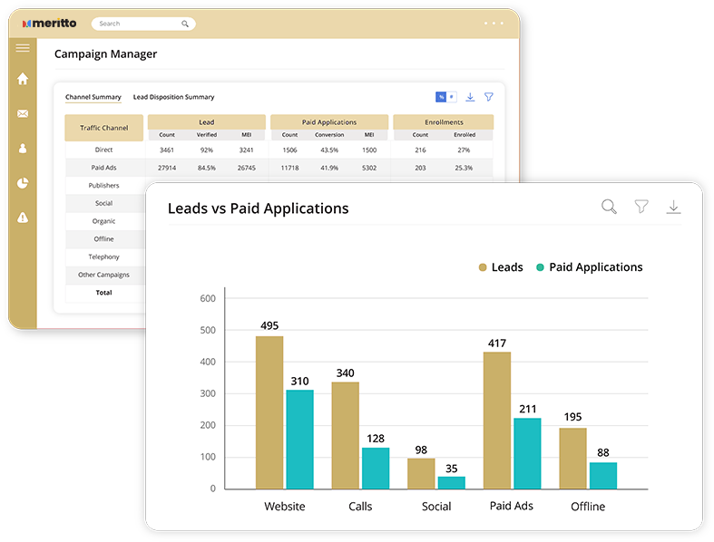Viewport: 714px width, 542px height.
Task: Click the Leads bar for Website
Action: (269, 412)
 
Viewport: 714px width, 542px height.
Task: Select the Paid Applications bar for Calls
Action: (376, 468)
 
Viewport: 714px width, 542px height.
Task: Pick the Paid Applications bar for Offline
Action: (603, 475)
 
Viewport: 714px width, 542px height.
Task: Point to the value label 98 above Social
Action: (421, 450)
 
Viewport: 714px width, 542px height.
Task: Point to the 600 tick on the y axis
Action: (207, 298)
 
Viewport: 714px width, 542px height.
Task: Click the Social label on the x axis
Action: (436, 506)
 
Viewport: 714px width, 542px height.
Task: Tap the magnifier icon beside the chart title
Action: (609, 208)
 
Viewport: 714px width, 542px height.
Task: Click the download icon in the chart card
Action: (673, 208)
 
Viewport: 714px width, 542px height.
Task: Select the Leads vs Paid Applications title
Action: (258, 208)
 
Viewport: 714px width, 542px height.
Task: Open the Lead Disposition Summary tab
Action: (173, 97)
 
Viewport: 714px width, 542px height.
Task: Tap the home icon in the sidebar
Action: (23, 79)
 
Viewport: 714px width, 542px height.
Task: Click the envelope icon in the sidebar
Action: (23, 113)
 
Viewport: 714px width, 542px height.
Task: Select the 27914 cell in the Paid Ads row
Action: (166, 168)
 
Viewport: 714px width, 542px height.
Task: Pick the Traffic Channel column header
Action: (104, 128)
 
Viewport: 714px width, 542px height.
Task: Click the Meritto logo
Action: (50, 24)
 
